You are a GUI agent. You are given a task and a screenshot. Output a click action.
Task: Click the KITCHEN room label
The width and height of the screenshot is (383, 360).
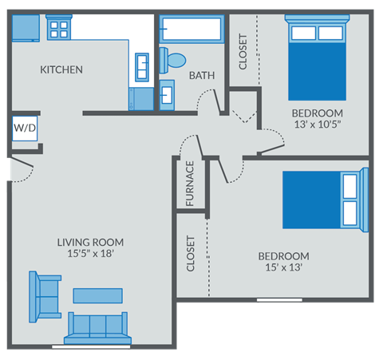click(x=61, y=69)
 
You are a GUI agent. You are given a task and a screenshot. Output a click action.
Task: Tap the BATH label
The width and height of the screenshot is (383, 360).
click(x=200, y=76)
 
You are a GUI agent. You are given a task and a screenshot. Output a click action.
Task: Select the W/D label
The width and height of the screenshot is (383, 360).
click(x=24, y=128)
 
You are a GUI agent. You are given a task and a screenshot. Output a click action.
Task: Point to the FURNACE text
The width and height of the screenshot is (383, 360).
click(x=191, y=184)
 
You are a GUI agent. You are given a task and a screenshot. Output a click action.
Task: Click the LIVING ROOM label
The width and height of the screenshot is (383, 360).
click(x=90, y=242)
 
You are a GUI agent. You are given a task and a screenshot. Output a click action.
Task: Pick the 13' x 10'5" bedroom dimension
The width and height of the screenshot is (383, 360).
click(x=317, y=125)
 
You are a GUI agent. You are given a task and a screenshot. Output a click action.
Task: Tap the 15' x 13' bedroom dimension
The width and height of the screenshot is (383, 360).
click(x=283, y=268)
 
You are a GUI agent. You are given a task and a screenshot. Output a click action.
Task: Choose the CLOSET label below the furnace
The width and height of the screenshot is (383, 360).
click(x=191, y=254)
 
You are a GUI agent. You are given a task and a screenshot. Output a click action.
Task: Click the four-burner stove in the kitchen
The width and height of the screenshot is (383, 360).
click(x=59, y=30)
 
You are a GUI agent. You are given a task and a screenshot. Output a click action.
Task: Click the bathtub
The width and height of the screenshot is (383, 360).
click(x=190, y=30)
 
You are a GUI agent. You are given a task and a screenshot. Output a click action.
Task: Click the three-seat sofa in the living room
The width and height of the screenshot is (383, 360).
click(x=98, y=327)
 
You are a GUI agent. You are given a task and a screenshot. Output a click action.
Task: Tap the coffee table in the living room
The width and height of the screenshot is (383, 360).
click(x=98, y=295)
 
